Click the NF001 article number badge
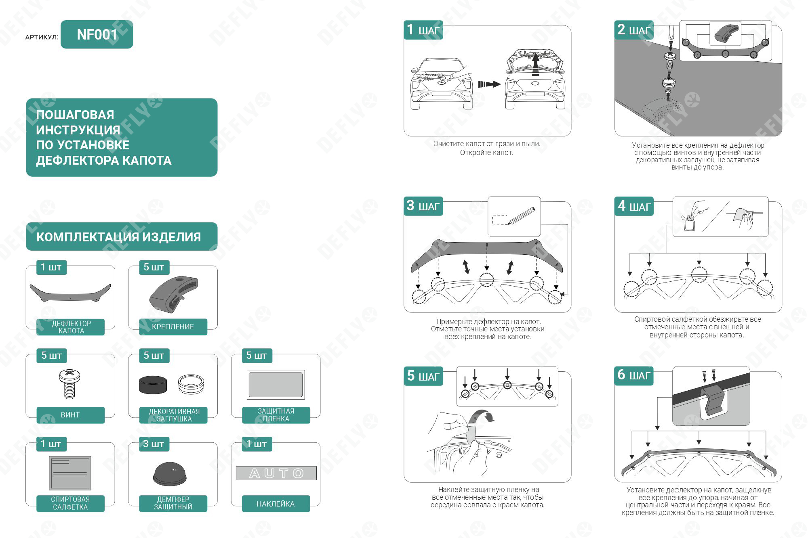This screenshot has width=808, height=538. click(x=97, y=34)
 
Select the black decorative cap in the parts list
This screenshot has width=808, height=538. click(x=153, y=384)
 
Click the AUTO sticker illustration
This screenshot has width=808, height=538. click(x=276, y=473)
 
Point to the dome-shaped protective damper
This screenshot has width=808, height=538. click(x=170, y=474)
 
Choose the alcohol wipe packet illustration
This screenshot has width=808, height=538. click(x=70, y=473)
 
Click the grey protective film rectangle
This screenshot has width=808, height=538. click(x=276, y=385)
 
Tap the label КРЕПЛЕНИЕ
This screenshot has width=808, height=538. click(x=173, y=327)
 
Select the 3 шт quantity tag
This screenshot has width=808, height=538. click(x=154, y=444)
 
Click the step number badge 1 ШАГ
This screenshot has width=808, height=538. click(x=423, y=30)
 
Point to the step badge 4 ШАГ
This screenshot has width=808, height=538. click(x=634, y=206)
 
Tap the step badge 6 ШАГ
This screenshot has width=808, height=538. click(x=634, y=375)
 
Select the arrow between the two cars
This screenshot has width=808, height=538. click(x=489, y=84)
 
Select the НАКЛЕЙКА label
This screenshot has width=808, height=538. click(x=276, y=504)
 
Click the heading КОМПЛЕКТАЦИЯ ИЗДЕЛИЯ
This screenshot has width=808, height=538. click(x=118, y=237)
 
